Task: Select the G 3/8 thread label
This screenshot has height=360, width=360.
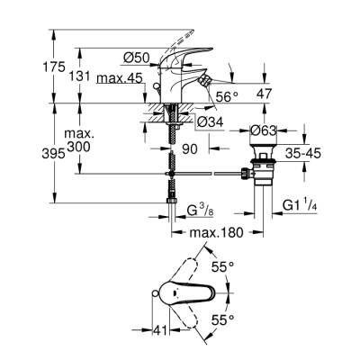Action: (x=201, y=213)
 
